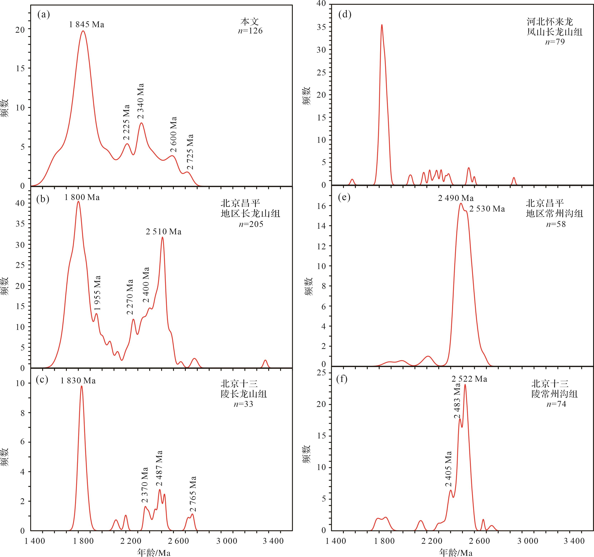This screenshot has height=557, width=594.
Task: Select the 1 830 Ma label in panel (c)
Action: point(78,381)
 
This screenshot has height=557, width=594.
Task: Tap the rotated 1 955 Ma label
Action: point(97,293)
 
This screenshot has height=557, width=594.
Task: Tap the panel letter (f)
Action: point(342,379)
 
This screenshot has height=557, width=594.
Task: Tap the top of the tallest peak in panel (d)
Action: point(382,25)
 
